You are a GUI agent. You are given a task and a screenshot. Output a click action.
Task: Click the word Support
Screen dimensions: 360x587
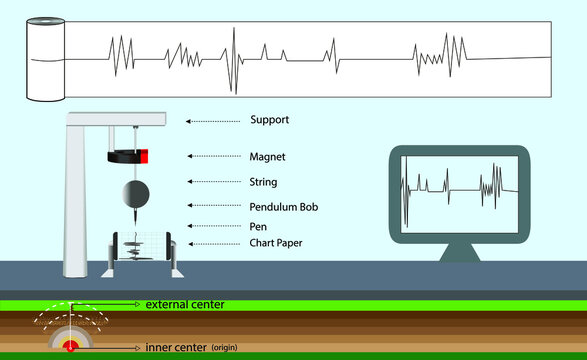click(x=269, y=120)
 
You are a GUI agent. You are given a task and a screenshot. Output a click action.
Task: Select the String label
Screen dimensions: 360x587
click(x=263, y=182)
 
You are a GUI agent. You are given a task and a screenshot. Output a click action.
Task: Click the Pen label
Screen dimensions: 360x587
click(x=258, y=226)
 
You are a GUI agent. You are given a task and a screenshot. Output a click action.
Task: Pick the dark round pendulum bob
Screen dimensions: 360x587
click(x=133, y=193)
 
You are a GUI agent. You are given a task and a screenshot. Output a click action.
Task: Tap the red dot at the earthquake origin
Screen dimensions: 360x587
click(x=71, y=346)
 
